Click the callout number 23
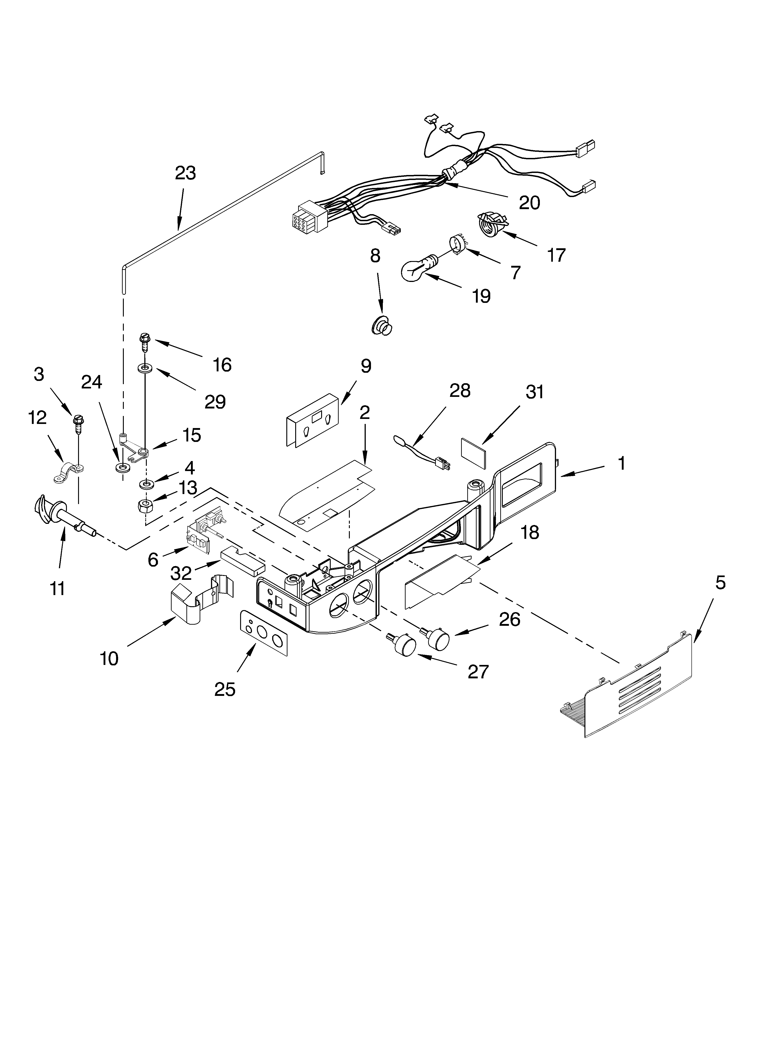tap(185, 173)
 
